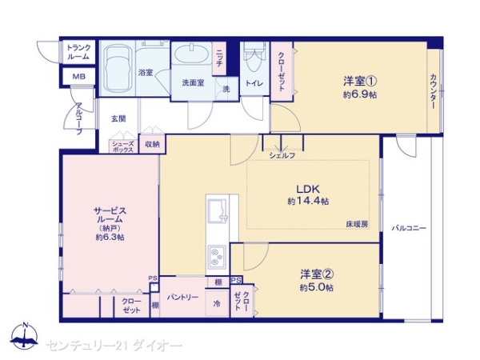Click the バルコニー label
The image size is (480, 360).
point(408,229)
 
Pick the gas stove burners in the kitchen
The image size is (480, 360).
point(217,258)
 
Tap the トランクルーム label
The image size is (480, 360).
point(78,53)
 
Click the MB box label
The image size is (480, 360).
point(78,77)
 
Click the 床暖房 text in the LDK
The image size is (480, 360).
point(357,224)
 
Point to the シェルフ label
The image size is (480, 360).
point(282,154)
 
